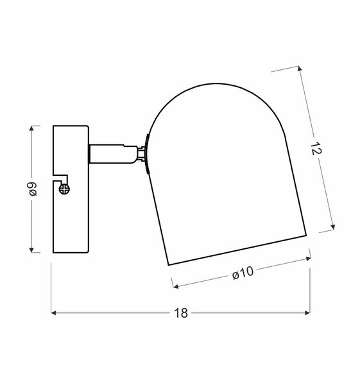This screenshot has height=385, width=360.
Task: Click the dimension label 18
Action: point(180,313)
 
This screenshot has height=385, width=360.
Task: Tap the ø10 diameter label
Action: point(243,273)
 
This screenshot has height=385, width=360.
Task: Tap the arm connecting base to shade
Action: point(112,153)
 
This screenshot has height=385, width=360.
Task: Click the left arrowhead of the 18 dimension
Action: point(54,313)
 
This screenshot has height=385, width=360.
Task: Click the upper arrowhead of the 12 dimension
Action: point(299,69)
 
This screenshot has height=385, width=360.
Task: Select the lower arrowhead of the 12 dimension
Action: point(332,227)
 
